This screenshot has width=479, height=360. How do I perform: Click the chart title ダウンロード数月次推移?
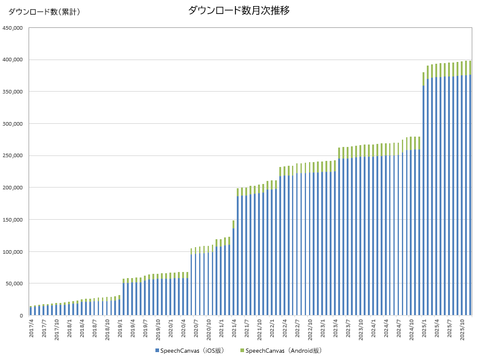pos(239,10)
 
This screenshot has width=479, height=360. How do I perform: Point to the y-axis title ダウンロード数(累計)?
pos(44,12)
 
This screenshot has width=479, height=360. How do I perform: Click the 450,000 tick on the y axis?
pos(13,27)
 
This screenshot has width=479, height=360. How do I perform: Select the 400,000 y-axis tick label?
pos(13,59)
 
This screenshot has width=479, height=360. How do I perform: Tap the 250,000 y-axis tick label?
pos(13,155)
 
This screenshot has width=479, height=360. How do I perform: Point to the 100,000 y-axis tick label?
pos(13,251)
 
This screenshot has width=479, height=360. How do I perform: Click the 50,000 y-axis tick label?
pos(15,284)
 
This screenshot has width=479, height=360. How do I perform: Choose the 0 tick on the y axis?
pos(21,316)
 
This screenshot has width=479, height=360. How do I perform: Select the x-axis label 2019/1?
pos(120,328)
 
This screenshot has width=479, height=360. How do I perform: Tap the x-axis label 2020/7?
pos(196,328)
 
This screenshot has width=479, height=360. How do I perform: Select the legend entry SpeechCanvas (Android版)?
pos(284,351)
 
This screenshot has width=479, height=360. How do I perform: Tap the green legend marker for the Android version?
pos(242,351)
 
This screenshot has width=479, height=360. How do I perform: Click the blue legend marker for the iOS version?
pos(157,351)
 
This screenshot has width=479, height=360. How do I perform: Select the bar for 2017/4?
pos(30,311)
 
